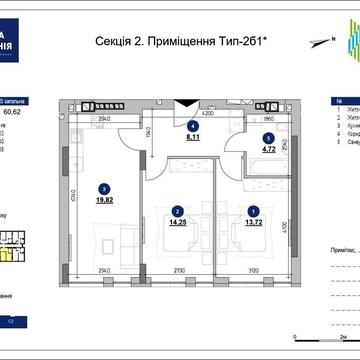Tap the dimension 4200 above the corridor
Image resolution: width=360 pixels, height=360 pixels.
[208, 116]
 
